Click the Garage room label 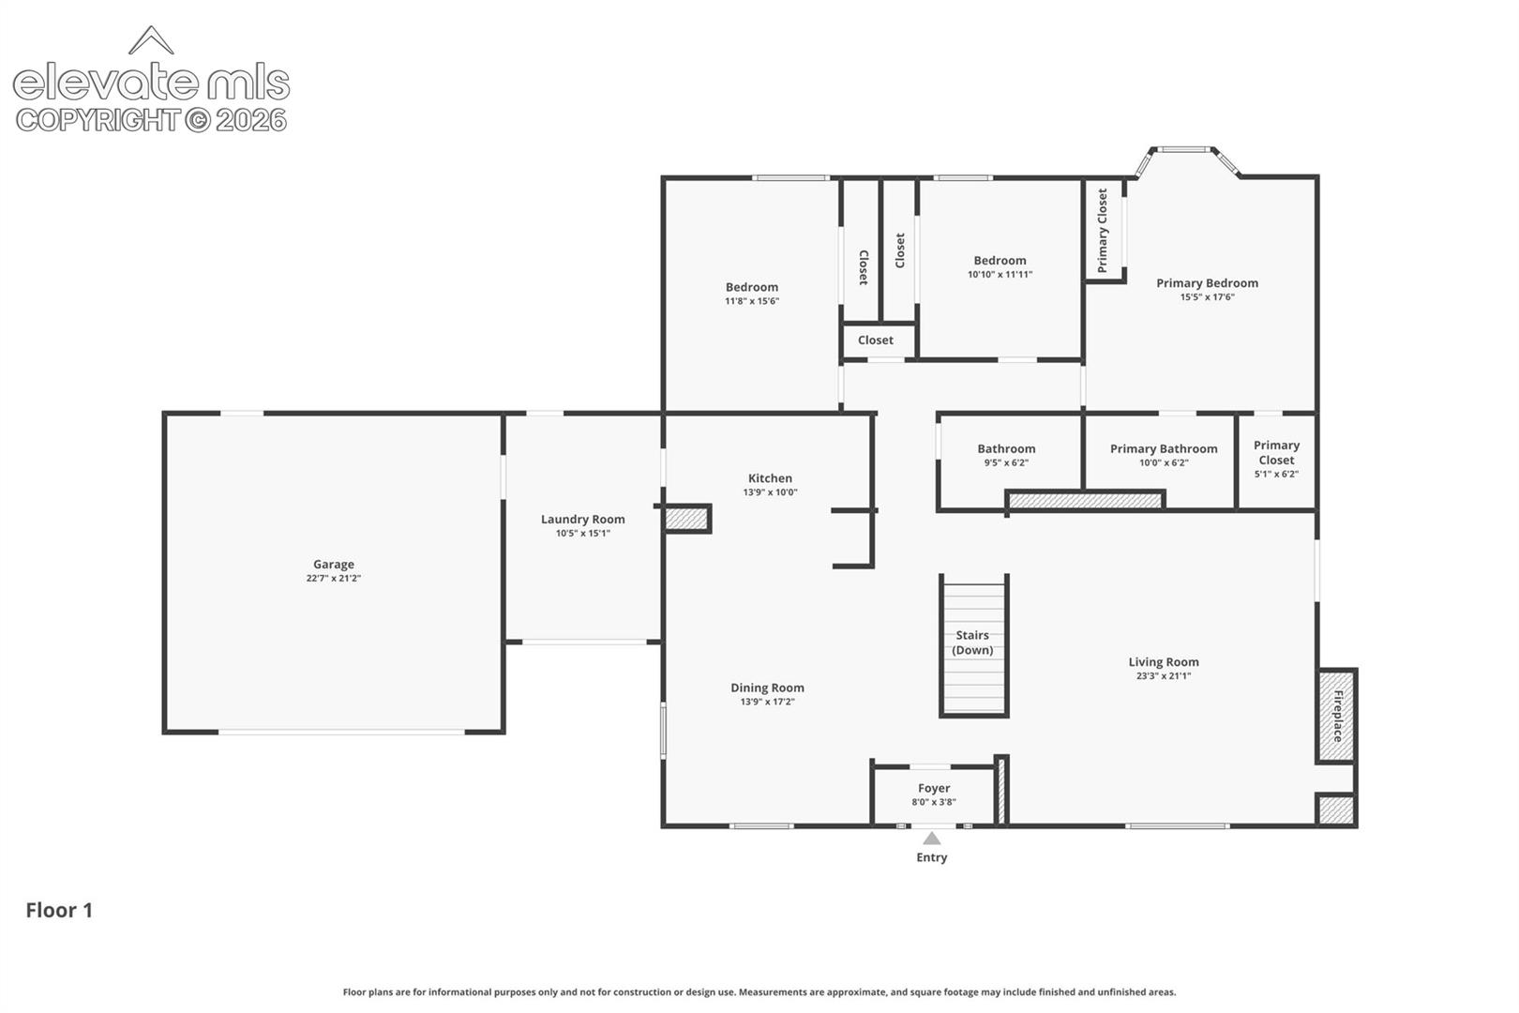334,564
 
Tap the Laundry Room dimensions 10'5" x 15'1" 583,534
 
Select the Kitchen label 771,478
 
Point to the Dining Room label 768,688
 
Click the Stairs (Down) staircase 974,645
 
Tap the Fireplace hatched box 1337,715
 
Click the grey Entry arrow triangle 932,838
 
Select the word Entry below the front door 932,857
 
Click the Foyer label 934,788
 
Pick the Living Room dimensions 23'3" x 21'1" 1164,675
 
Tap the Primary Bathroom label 1164,448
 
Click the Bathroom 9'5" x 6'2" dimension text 1006,462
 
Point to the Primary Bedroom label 1207,283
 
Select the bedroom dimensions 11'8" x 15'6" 752,301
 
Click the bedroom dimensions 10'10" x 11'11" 1000,275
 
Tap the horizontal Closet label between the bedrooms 876,340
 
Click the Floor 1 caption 59,910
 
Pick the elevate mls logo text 152,83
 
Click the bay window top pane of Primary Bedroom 1183,149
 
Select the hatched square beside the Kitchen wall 686,519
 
